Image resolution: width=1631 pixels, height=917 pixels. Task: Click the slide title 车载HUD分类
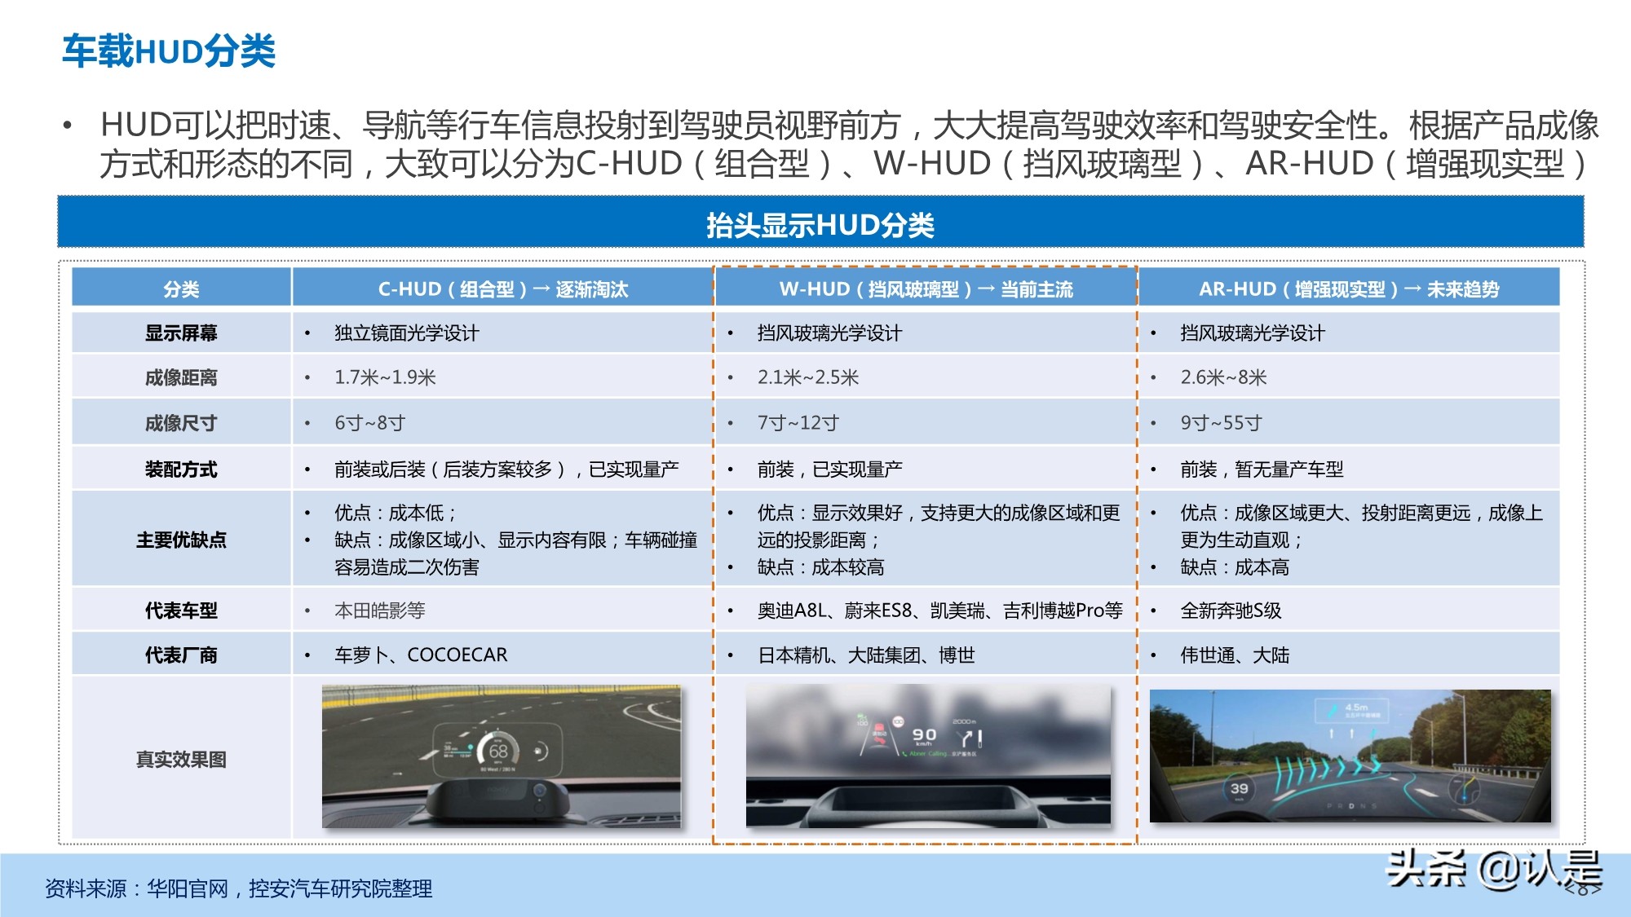tap(169, 51)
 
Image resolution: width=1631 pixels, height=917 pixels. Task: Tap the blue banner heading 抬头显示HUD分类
tap(820, 225)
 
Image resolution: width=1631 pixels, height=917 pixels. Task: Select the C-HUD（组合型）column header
tap(502, 289)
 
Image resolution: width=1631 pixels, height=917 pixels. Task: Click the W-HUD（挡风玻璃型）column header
tap(926, 289)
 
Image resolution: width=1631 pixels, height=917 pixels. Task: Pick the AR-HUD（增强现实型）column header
tap(1348, 289)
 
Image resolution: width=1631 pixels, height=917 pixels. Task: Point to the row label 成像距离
tap(181, 377)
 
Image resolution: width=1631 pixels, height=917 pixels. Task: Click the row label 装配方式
tap(181, 470)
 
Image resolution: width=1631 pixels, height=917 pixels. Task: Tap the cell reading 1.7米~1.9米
tap(385, 377)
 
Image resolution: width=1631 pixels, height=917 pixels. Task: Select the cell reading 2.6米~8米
tap(1223, 377)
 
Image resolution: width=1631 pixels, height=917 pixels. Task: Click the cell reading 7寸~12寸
tap(798, 423)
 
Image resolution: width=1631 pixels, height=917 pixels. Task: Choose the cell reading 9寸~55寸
tap(1221, 423)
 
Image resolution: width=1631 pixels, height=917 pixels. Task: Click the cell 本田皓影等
tap(379, 611)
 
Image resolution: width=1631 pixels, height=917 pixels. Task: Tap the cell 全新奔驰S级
tap(1231, 611)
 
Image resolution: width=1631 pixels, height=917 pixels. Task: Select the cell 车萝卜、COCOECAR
tap(421, 655)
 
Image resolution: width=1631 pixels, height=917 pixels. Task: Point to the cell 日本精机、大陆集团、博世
tap(866, 655)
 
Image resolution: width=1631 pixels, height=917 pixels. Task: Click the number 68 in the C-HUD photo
tap(498, 751)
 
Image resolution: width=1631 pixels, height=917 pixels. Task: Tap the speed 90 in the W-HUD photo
tap(924, 734)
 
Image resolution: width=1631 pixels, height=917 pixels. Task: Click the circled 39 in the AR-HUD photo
tap(1239, 788)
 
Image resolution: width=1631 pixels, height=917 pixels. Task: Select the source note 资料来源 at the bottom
tap(238, 888)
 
